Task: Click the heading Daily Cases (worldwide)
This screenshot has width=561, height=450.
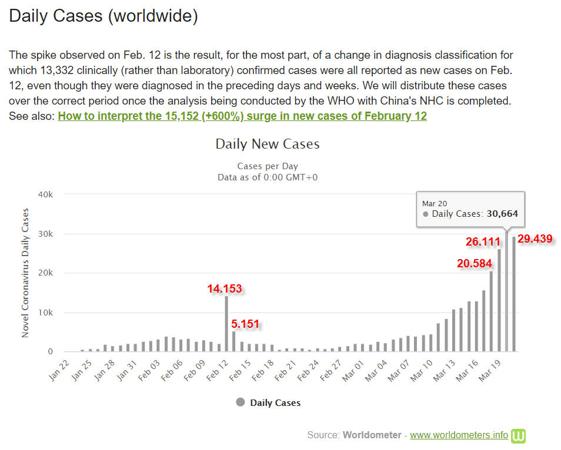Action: [x=103, y=16]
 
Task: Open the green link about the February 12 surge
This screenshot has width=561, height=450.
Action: [x=242, y=116]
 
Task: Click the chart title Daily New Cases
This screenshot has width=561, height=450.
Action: [x=268, y=144]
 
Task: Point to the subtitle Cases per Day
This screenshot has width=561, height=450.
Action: [x=268, y=166]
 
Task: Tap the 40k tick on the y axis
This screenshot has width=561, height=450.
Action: [x=46, y=194]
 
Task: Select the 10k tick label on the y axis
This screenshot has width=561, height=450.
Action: [x=46, y=313]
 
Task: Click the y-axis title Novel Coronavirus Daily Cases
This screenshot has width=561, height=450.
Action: [x=25, y=273]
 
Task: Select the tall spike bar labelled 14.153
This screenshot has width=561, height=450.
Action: [x=226, y=324]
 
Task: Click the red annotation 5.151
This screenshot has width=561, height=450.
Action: [x=245, y=324]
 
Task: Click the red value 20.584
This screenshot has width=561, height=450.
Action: [x=474, y=263]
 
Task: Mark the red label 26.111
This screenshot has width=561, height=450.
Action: [x=483, y=241]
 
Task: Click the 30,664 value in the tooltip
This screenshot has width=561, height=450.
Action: [x=502, y=214]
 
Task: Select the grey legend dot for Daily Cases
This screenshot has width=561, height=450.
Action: [x=240, y=402]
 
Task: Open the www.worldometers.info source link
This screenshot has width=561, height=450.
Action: [x=459, y=435]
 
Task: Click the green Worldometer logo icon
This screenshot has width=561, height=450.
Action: [x=518, y=435]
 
